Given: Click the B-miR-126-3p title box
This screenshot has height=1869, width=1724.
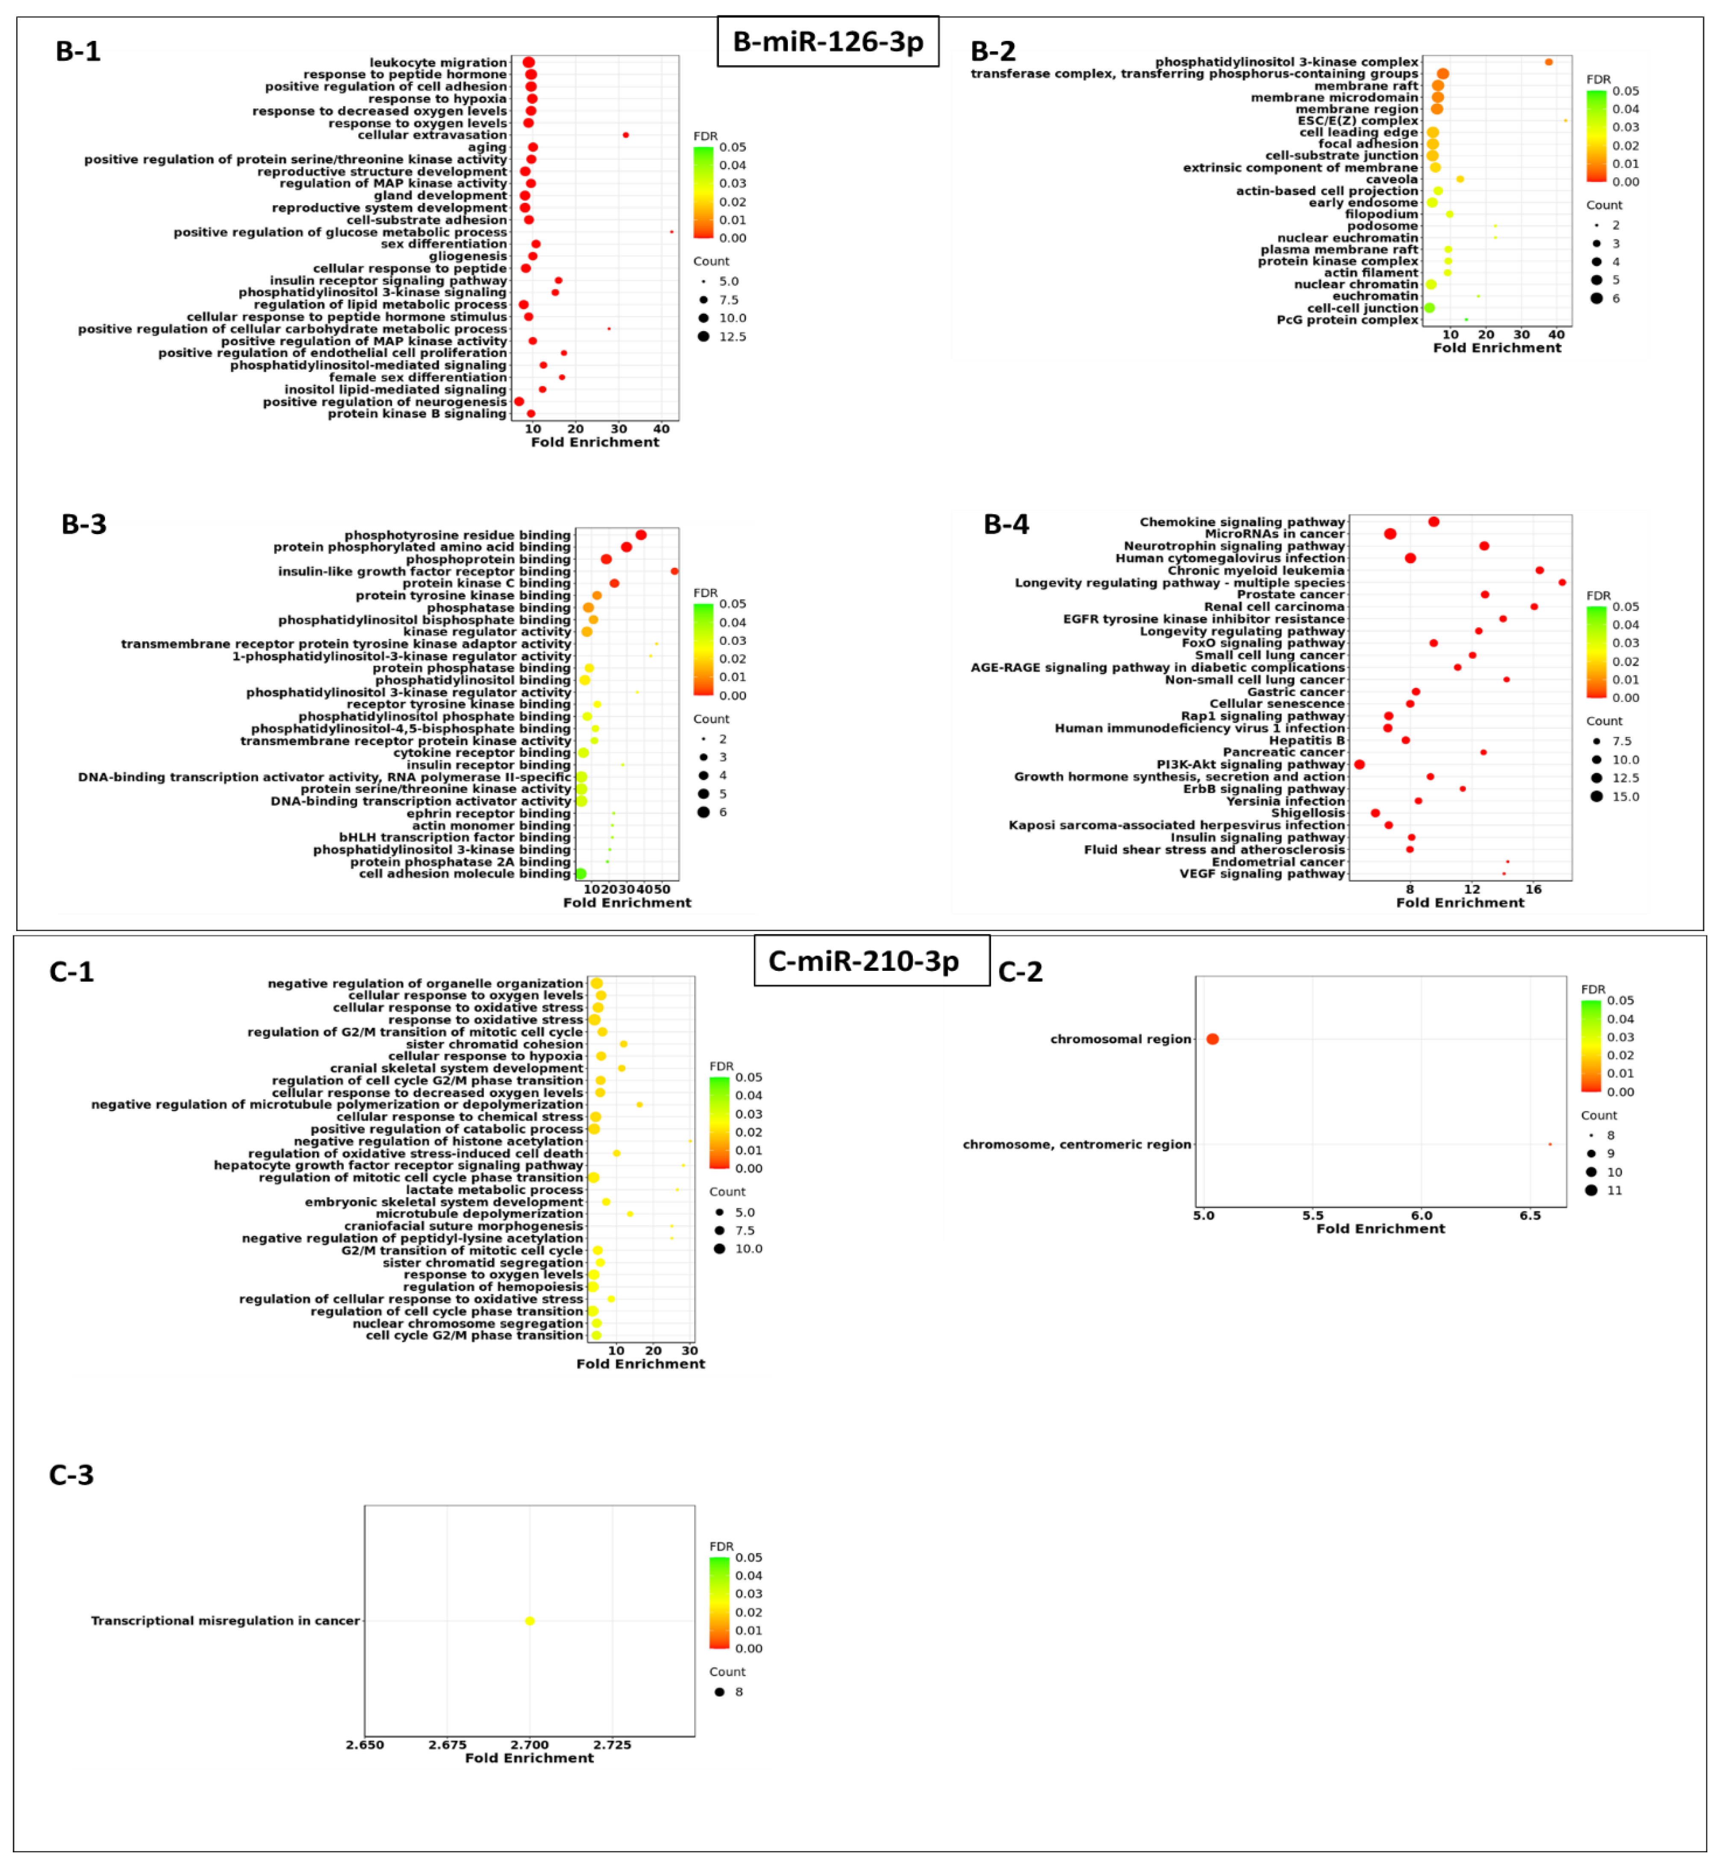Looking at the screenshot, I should click(x=827, y=42).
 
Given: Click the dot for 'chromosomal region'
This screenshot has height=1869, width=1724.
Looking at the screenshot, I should click(x=1212, y=1038).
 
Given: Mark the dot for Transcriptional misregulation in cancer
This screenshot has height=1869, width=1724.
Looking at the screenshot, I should click(x=530, y=1621).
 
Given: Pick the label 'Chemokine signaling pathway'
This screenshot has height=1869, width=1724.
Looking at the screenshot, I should click(x=1242, y=522).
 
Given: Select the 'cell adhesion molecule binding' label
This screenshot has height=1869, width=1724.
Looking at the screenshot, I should click(x=463, y=873).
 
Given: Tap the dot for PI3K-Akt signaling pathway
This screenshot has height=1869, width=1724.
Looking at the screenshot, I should click(x=1359, y=764).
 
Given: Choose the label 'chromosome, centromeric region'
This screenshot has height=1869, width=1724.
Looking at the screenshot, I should click(x=1076, y=1144).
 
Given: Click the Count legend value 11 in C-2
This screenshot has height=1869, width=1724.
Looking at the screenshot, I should click(x=1614, y=1190).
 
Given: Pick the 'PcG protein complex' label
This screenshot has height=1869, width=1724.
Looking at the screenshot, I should click(x=1347, y=320).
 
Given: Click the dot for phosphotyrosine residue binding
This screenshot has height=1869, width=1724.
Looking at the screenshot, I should click(x=641, y=535).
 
